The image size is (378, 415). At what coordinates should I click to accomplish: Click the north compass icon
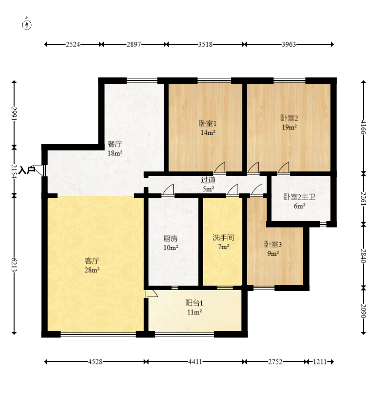(x=27, y=24)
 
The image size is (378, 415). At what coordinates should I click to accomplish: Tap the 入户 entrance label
(x=27, y=170)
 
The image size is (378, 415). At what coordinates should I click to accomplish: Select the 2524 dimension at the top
(x=73, y=44)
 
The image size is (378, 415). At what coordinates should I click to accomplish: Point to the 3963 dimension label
(x=289, y=44)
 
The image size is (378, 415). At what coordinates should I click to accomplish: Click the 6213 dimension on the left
(x=14, y=264)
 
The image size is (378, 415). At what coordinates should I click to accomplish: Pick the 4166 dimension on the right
(x=364, y=127)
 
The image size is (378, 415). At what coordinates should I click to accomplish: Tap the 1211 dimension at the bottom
(x=319, y=362)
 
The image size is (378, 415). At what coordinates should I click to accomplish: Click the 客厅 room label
(x=92, y=261)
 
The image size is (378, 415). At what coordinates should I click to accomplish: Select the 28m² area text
(x=92, y=270)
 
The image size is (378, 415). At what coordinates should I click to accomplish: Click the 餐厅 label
(x=115, y=144)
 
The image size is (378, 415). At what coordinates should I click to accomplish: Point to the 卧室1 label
(x=208, y=123)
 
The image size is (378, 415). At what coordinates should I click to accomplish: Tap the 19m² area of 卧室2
(x=289, y=127)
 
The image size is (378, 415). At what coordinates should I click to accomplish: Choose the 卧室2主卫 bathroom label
(x=299, y=197)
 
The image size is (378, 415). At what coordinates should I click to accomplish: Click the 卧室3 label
(x=273, y=244)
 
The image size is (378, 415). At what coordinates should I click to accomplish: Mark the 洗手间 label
(x=224, y=237)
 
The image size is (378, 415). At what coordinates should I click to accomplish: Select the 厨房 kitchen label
(x=170, y=239)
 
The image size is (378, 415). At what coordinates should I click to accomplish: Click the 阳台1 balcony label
(x=194, y=303)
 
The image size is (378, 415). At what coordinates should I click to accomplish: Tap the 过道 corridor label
(x=208, y=180)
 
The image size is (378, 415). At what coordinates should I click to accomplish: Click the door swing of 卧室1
(x=220, y=167)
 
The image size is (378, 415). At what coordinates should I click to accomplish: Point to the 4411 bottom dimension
(x=195, y=362)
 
